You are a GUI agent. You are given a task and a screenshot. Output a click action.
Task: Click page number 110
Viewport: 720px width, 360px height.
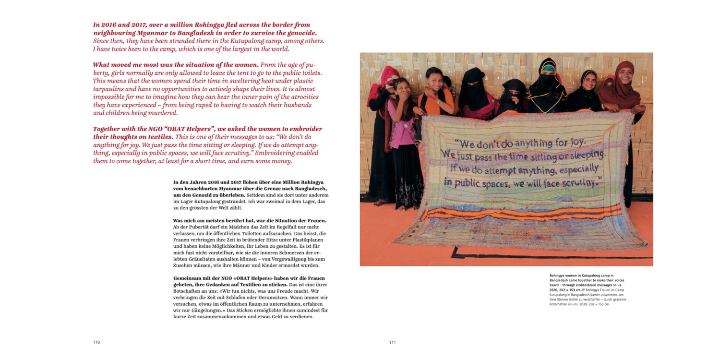[96, 342]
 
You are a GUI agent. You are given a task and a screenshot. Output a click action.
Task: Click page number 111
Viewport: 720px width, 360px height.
[393, 342]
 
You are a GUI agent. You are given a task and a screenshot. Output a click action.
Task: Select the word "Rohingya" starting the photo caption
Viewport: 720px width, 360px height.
[559, 276]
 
